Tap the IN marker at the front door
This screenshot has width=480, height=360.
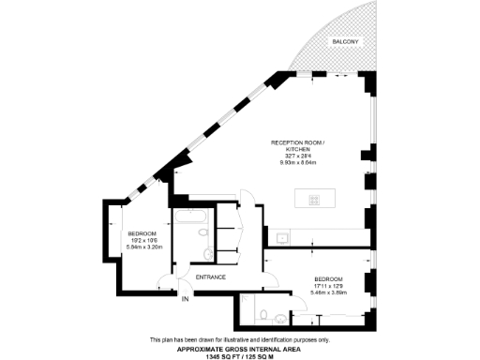coord(185,299)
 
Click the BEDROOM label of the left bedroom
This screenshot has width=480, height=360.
coord(142,232)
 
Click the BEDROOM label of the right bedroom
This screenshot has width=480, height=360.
coord(328,278)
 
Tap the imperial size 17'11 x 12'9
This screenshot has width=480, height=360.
coord(328,285)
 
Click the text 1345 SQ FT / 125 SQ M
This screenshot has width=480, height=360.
coord(239,354)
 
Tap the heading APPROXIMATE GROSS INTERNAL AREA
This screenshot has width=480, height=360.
coord(239,348)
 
